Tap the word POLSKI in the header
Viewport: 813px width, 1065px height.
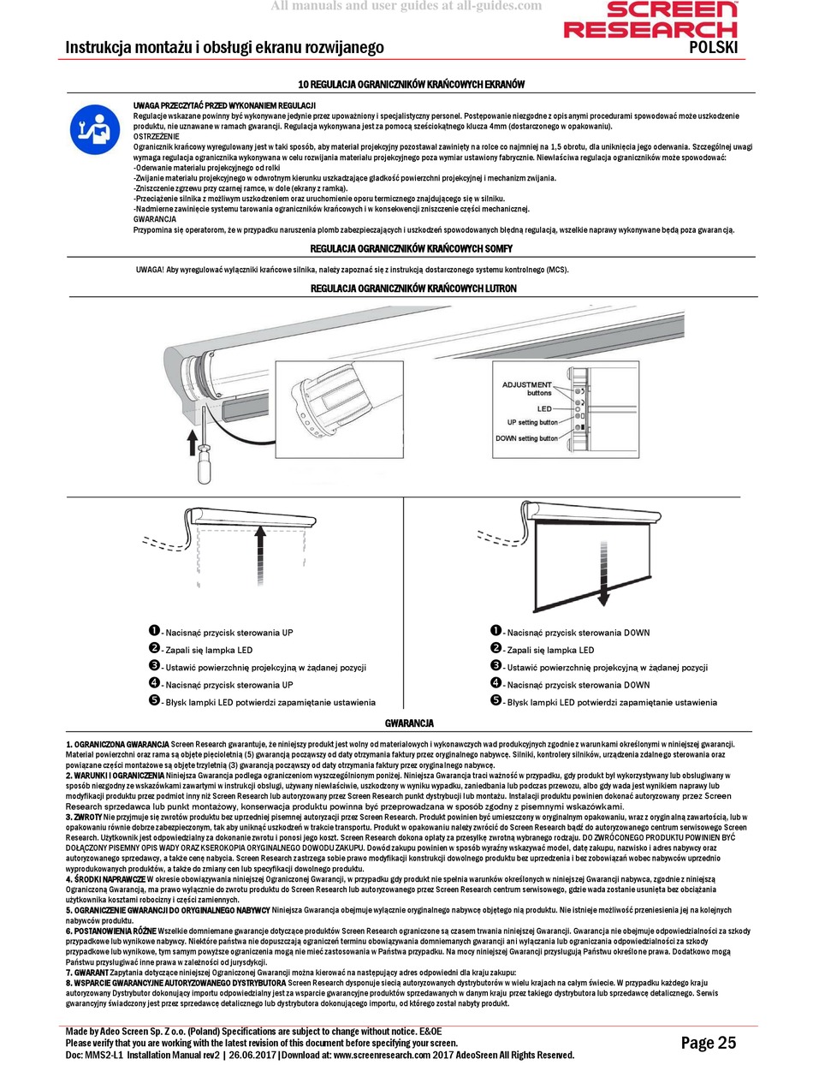click(713, 47)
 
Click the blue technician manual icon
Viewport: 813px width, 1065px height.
click(92, 128)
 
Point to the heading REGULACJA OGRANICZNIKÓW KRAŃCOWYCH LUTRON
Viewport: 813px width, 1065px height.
click(413, 289)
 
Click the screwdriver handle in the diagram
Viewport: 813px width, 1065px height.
click(206, 467)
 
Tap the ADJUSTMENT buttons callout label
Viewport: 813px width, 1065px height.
click(526, 389)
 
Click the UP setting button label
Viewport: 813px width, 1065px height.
click(531, 423)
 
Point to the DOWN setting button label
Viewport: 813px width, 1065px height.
click(526, 438)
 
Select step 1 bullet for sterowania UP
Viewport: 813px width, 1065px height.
click(155, 631)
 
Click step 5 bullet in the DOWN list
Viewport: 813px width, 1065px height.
click(496, 700)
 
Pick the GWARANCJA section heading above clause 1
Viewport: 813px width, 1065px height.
click(408, 723)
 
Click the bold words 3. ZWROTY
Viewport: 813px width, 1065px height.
click(84, 818)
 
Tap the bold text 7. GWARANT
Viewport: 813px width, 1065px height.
click(87, 973)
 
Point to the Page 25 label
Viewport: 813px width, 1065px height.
click(708, 1042)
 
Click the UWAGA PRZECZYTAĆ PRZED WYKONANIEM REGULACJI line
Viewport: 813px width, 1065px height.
click(224, 105)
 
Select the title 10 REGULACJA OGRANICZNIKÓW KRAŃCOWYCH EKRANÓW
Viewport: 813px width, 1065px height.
click(410, 85)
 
